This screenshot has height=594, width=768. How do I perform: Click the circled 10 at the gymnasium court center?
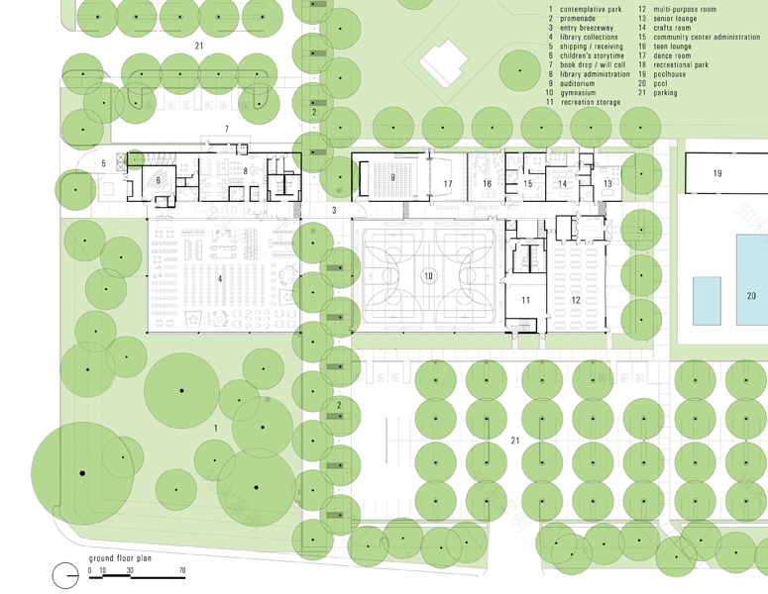pos(429,276)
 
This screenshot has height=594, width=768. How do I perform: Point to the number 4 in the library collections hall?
pos(220,279)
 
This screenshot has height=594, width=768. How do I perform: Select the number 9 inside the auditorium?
pos(392,177)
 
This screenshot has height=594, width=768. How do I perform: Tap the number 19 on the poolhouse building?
pos(716,173)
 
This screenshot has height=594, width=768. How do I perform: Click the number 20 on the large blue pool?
pos(750,296)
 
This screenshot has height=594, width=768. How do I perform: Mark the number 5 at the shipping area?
pos(103,163)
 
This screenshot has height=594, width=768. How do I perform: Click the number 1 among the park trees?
pos(216,427)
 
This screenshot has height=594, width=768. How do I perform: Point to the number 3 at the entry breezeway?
pos(334,210)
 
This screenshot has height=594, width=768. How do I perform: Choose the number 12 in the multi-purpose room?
pos(575,300)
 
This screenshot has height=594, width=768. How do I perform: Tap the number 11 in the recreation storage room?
pos(525,300)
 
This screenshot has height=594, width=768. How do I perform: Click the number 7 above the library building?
pos(226,130)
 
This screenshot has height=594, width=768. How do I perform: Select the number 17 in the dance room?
pos(448,184)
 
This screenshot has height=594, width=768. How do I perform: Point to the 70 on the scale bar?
pos(181,571)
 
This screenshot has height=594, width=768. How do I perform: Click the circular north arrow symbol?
pos(64,573)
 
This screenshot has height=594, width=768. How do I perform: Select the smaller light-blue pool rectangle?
pos(706,300)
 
